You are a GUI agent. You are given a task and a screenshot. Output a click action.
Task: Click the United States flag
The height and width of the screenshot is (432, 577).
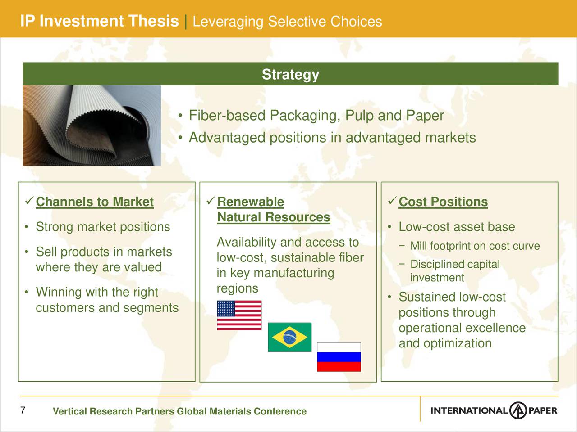click(x=239, y=315)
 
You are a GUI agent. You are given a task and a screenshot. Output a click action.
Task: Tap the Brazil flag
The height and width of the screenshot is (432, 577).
click(x=290, y=337)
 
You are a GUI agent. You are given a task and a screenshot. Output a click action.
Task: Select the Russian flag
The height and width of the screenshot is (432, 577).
click(x=339, y=357)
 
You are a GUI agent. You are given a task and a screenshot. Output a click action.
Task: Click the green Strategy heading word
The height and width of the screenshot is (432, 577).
click(x=290, y=74)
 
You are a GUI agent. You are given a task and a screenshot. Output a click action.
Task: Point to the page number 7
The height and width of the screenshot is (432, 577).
click(x=23, y=410)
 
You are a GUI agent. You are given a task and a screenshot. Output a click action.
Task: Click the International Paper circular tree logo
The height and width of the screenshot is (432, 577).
click(x=518, y=410)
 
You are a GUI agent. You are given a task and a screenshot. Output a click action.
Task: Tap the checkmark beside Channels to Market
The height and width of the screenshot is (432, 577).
click(x=29, y=201)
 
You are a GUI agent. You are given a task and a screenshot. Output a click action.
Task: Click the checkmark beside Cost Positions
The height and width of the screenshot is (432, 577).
click(x=392, y=201)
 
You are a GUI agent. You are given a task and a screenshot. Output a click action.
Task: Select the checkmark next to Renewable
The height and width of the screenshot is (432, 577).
click(x=211, y=201)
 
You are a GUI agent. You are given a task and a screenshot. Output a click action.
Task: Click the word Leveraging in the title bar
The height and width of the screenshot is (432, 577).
click(x=228, y=22)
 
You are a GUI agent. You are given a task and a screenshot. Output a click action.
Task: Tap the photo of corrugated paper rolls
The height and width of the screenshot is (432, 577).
click(x=92, y=126)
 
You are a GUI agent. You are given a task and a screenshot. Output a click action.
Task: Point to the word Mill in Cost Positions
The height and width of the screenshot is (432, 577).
click(x=418, y=246)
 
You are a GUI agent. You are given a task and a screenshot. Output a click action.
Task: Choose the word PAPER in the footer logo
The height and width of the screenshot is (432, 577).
click(x=543, y=410)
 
